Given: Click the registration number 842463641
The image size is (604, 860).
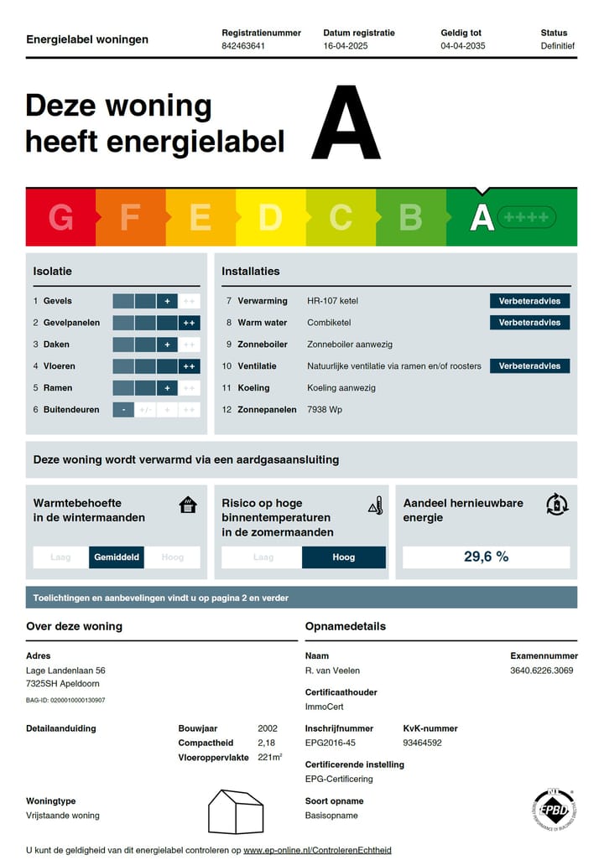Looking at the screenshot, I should tap(243, 46).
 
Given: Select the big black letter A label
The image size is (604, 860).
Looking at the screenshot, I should tap(346, 123).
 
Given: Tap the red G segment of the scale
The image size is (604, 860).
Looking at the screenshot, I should tap(60, 217).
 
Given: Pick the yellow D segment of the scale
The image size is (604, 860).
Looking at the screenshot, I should tap(270, 217).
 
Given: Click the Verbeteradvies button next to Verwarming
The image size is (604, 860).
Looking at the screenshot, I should tap(529, 301).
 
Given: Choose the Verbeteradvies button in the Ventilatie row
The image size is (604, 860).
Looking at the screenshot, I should tap(529, 366).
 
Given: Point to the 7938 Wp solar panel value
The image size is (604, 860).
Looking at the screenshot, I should tap(325, 410).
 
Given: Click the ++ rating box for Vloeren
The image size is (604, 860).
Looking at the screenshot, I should tap(189, 366).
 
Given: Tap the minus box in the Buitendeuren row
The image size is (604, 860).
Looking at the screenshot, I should tap(123, 410).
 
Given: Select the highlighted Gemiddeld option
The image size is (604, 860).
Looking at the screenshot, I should tap(117, 557).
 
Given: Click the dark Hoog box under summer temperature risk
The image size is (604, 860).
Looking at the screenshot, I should tap(343, 557).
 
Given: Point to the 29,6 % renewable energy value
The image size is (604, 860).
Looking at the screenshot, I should tap(486, 557).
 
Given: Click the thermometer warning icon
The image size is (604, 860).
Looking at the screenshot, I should tap(375, 505).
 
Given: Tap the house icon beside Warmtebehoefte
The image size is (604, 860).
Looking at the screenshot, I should tap(188, 505).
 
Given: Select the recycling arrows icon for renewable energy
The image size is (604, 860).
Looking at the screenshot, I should tap(557, 505).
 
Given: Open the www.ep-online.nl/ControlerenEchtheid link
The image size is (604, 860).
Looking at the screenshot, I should tap(317, 850).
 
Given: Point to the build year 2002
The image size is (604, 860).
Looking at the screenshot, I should tap(267, 728).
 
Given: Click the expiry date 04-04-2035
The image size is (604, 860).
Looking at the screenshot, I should tap(462, 46).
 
